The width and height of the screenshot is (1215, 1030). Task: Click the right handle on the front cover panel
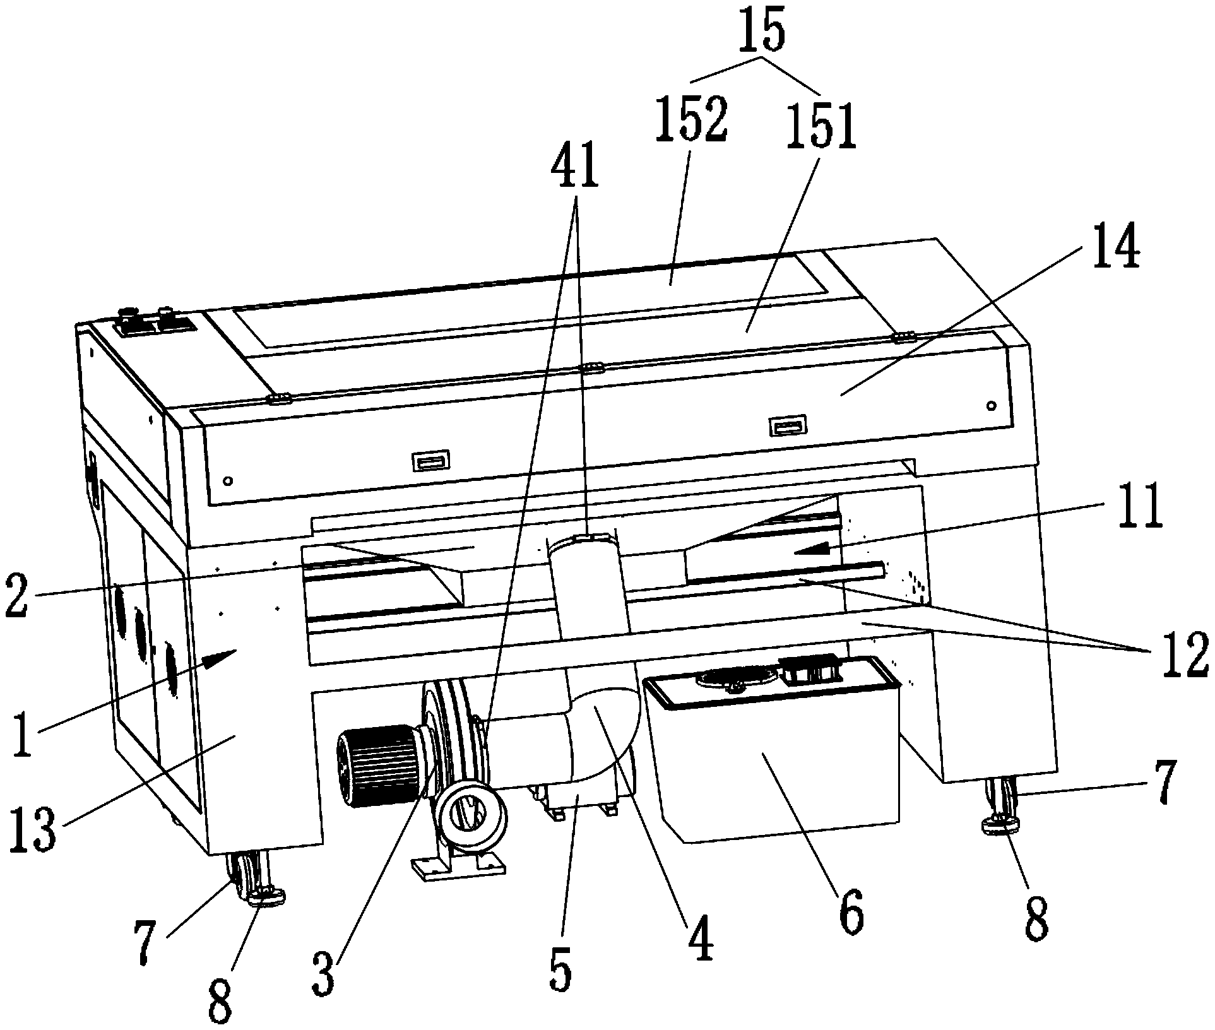pyautogui.click(x=787, y=427)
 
